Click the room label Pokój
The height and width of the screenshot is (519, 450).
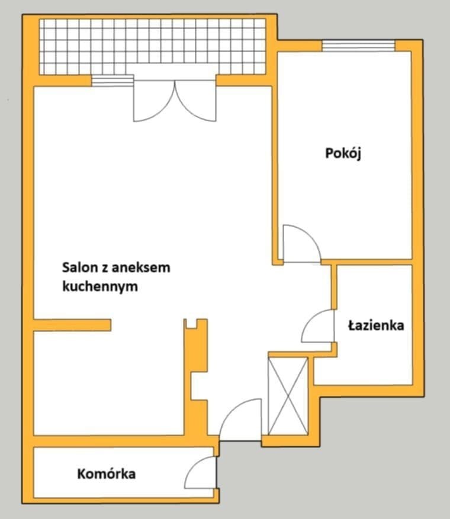point(343,154)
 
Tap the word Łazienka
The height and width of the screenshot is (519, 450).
point(376,325)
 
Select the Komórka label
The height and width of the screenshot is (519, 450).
point(107,474)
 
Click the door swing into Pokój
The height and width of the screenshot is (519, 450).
point(301,243)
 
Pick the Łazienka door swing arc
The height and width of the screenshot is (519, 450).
point(316,327)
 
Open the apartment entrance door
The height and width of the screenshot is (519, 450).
point(240,420)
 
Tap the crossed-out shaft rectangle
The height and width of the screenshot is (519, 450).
point(288,395)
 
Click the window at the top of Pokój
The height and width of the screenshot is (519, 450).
point(358,46)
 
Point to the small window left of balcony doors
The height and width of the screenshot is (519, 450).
point(113,81)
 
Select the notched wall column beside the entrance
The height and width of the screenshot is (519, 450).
point(196,379)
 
